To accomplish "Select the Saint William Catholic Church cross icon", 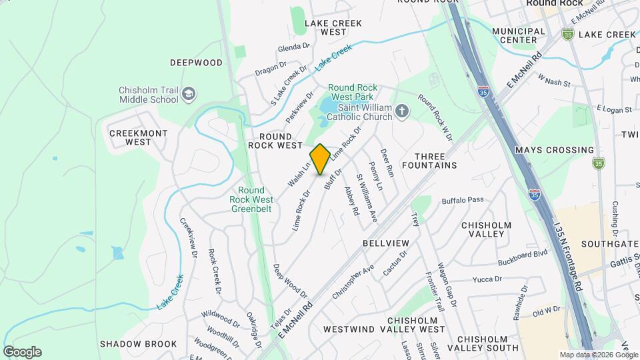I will (401, 111).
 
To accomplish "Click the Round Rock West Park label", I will (353, 93).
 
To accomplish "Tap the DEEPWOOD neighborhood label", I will (196, 63).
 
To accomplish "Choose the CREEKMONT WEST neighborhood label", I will (138, 137).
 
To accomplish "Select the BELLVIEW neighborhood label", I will (385, 243).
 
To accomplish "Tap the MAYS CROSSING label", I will (554, 150).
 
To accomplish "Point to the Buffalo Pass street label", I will (463, 200).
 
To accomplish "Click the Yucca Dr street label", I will (487, 279).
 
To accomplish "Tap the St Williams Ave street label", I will (367, 198).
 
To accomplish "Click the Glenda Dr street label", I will (294, 47).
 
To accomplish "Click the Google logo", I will (22, 352).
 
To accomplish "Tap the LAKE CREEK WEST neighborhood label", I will (333, 27).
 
